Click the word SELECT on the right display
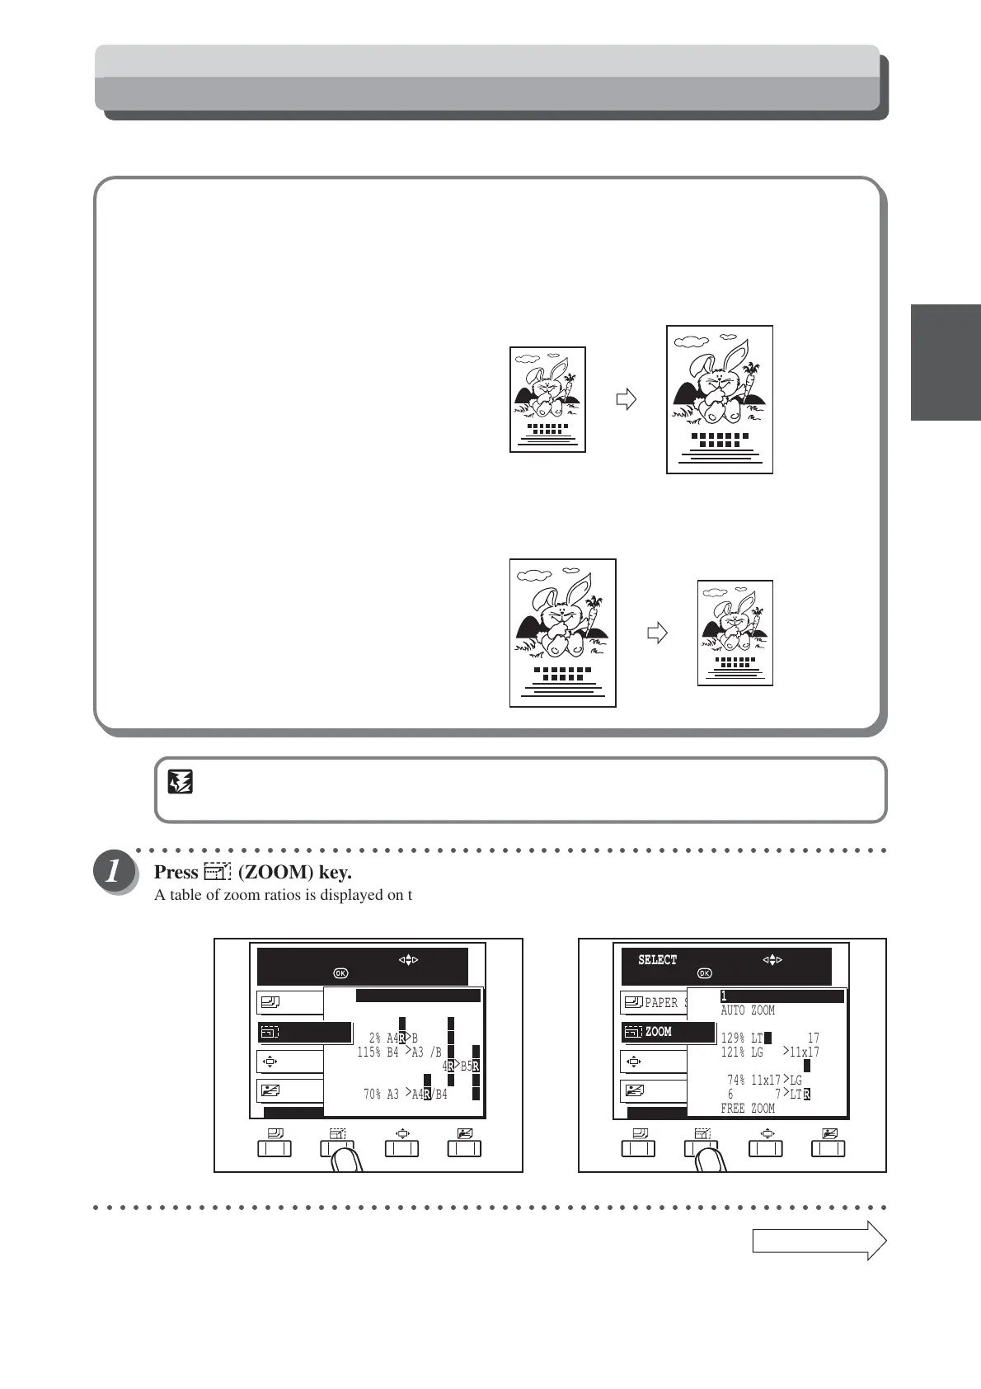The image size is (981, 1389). tap(657, 960)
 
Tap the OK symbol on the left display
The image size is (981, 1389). tap(340, 973)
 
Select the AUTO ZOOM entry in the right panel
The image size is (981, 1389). tap(748, 1010)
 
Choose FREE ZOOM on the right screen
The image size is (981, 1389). tap(748, 1109)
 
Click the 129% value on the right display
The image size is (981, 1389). tap(732, 1038)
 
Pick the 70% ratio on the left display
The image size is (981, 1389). tap(375, 1095)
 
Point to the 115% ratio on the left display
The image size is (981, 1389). tap(368, 1052)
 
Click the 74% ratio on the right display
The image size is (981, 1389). tap(738, 1081)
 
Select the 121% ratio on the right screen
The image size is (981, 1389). tap(732, 1052)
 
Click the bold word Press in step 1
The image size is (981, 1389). tap(176, 873)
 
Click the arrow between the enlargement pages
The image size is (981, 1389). tap(627, 400)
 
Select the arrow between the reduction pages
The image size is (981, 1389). tap(656, 633)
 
